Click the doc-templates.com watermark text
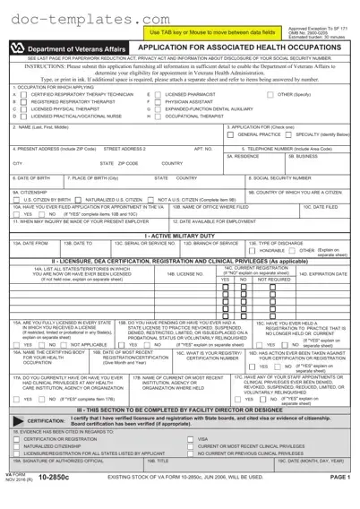click(66, 19)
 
